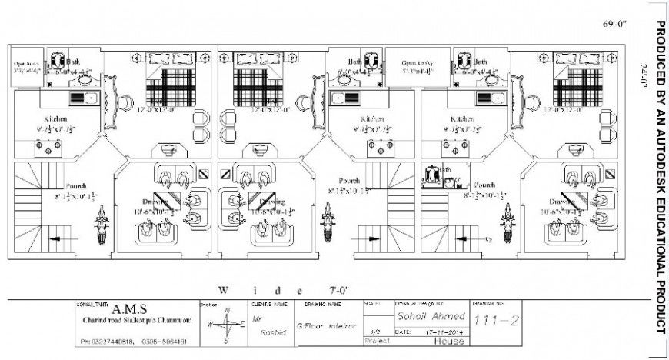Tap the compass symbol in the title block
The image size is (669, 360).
click(x=226, y=325)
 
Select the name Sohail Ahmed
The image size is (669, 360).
click(x=430, y=316)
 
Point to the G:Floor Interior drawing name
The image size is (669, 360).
click(x=326, y=325)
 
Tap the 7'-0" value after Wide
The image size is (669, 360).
click(x=339, y=290)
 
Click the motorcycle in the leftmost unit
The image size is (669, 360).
click(x=100, y=226)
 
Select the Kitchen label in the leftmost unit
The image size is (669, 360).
click(x=55, y=119)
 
